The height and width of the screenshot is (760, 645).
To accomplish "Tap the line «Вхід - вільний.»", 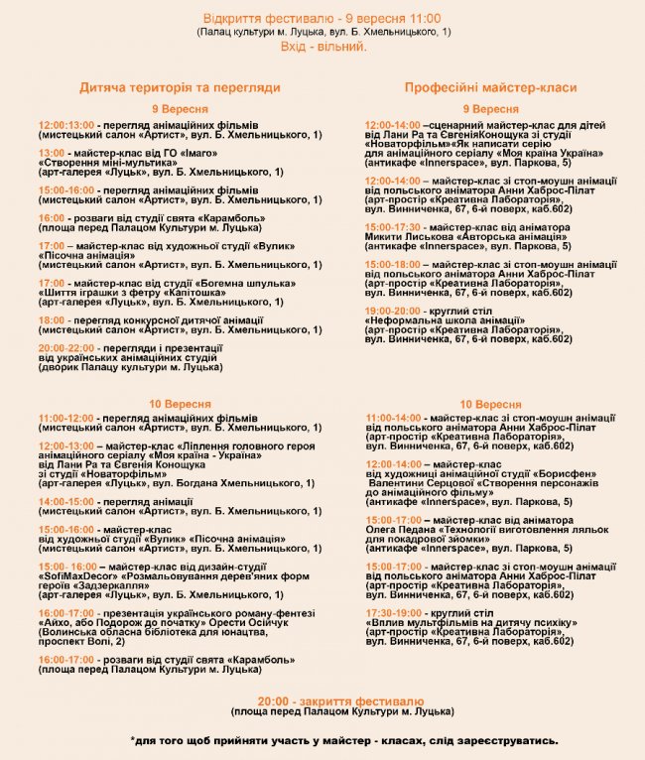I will pos(322,47).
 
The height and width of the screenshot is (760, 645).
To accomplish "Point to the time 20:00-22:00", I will pos(66,348).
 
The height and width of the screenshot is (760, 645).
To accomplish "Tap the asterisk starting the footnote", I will pos(133,740).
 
